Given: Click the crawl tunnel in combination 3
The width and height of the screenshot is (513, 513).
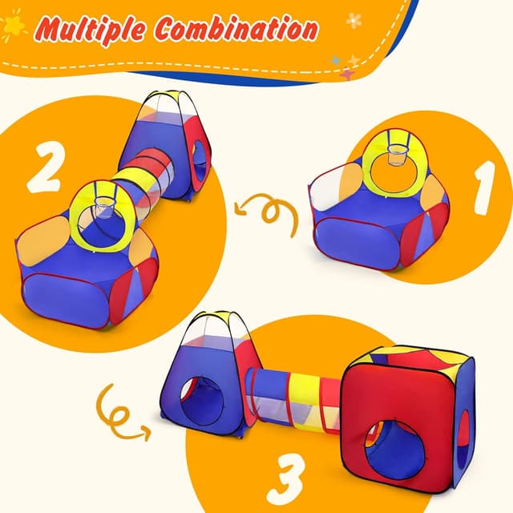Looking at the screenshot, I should coord(297,398).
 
